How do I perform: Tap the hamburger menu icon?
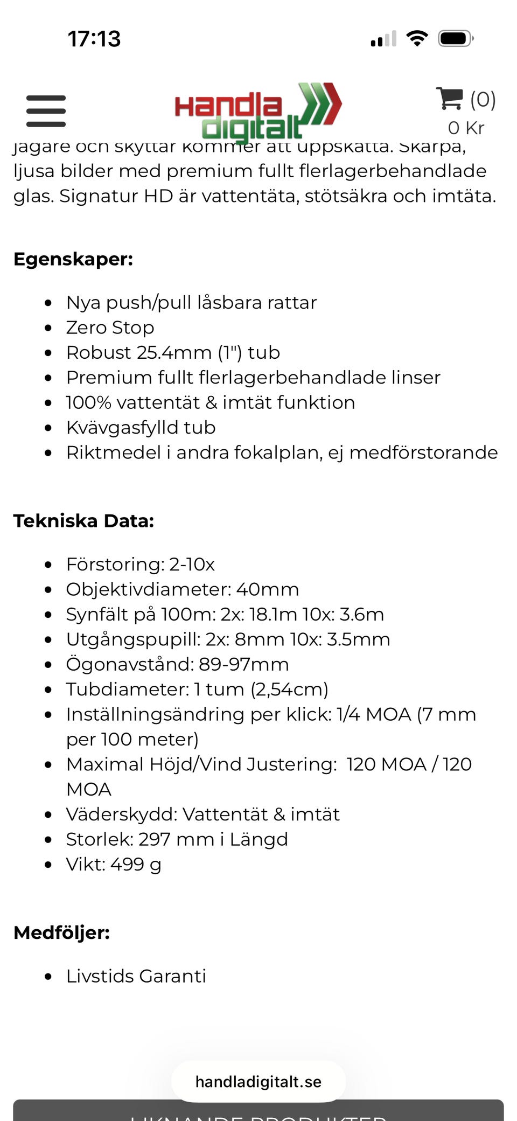tap(46, 111)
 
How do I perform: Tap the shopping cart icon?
tap(449, 99)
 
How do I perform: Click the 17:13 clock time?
tap(94, 39)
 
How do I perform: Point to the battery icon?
tap(455, 39)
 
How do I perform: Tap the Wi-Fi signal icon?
tap(417, 38)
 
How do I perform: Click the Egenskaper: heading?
tap(73, 259)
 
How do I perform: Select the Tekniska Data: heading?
tap(84, 521)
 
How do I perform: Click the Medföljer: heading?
tap(61, 932)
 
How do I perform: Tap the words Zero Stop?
tap(110, 328)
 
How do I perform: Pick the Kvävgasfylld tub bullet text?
tap(141, 427)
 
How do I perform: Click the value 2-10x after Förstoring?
tap(192, 564)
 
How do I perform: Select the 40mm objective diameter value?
tap(267, 589)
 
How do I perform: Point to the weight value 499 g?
tap(136, 864)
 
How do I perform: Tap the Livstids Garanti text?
tap(136, 976)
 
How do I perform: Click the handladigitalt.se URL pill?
tap(258, 1082)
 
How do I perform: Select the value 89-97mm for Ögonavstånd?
tap(243, 664)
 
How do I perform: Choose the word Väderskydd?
tap(122, 814)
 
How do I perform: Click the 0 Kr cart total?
tap(466, 128)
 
